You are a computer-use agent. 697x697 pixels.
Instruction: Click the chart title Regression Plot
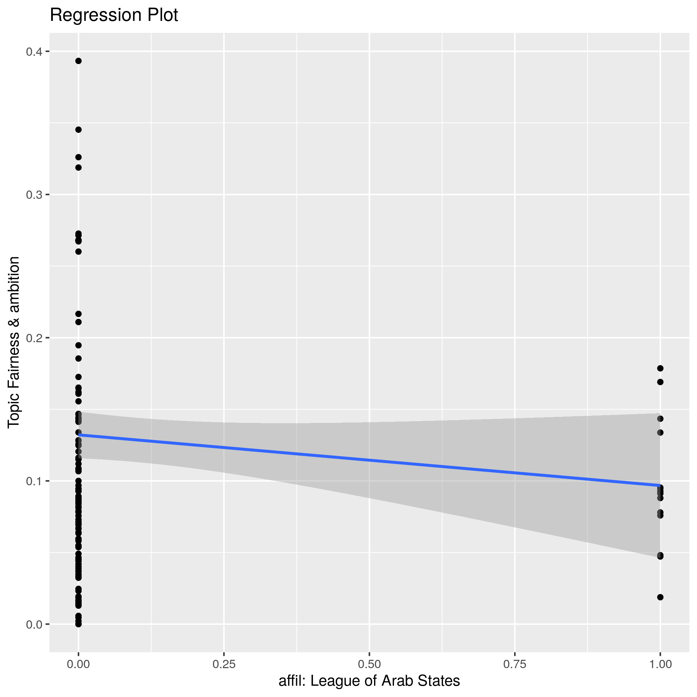coord(114,16)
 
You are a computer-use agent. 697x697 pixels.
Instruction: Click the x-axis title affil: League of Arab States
coord(369,681)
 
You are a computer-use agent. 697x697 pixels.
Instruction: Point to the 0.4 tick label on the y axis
coord(34,51)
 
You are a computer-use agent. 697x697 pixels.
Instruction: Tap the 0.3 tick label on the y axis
coord(34,195)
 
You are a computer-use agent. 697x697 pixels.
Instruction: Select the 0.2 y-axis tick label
coord(34,338)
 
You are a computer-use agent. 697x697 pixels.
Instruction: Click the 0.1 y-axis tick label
coord(34,481)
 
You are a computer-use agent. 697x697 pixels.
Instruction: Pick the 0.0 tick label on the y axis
coord(34,625)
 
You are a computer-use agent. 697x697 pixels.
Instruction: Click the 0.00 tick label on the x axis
coord(78,664)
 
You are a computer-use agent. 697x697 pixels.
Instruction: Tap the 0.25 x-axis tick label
coord(224,664)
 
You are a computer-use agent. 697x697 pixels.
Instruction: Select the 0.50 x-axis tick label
coord(369,664)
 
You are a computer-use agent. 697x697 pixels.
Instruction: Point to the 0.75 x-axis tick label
coord(514,664)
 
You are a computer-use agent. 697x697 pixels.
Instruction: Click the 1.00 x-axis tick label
coord(660,664)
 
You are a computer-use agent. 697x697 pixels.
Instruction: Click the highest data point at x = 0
coord(78,61)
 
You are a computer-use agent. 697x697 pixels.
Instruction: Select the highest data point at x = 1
coord(660,368)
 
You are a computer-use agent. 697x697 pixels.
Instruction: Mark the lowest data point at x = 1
coord(660,597)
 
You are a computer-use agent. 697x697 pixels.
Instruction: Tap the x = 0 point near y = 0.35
coord(78,129)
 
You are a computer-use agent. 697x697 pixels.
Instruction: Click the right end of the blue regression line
coord(659,485)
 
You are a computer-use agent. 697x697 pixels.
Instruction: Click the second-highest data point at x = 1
coord(660,382)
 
